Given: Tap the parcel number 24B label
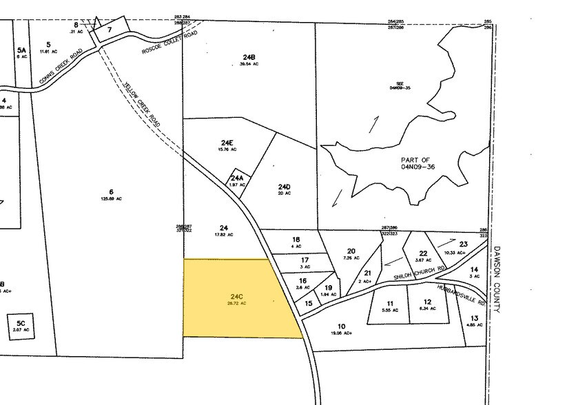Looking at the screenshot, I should pyautogui.click(x=249, y=56).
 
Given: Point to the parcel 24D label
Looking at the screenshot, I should pyautogui.click(x=285, y=187).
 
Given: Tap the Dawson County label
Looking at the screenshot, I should pyautogui.click(x=497, y=279).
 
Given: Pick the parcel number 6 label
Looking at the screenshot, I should pyautogui.click(x=110, y=191).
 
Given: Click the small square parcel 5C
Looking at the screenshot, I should pyautogui.click(x=21, y=323).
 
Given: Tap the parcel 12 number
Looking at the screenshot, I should pyautogui.click(x=427, y=302).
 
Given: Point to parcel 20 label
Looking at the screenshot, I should pyautogui.click(x=351, y=251).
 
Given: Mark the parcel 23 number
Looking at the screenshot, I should pyautogui.click(x=463, y=244).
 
